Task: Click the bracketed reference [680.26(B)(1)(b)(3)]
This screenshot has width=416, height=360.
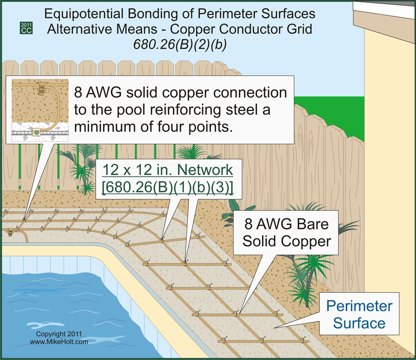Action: [x=168, y=186]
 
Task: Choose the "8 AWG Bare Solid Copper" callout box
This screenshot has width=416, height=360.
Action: [x=286, y=232]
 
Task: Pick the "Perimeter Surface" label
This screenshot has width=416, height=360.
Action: [x=359, y=314]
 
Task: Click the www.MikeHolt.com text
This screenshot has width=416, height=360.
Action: [x=59, y=342]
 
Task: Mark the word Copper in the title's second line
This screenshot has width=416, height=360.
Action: [x=204, y=29]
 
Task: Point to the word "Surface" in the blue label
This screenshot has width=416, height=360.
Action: [x=359, y=322]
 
